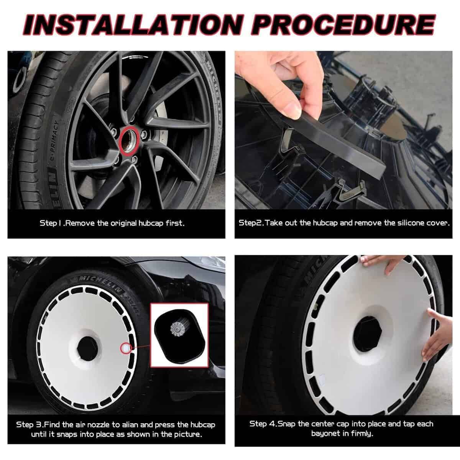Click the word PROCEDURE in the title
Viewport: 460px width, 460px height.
[343, 25]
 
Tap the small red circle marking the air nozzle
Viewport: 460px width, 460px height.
[126, 348]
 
